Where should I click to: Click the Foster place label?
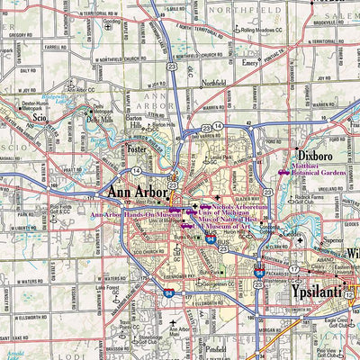coord(137,149)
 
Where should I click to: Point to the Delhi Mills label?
coord(99,119)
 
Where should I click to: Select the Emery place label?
coord(249,63)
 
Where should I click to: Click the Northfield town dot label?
coord(213,82)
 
